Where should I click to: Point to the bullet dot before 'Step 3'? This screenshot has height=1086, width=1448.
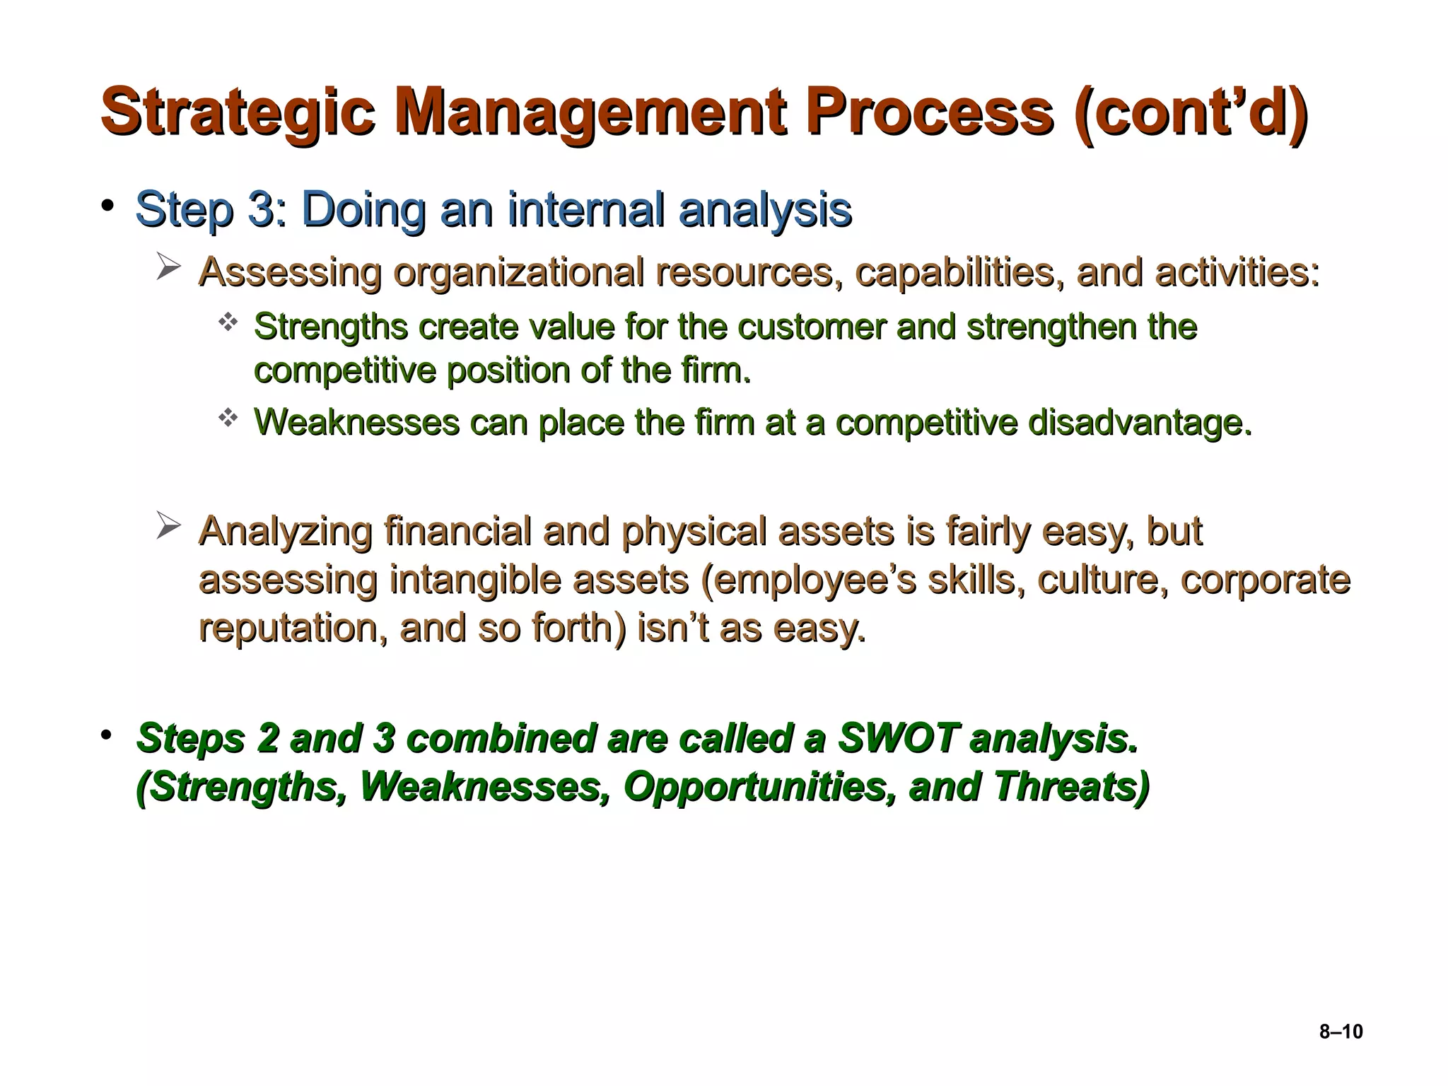tap(107, 206)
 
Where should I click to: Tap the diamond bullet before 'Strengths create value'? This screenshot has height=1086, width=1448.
tap(228, 324)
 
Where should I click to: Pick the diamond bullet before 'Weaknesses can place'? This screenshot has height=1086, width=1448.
tap(228, 419)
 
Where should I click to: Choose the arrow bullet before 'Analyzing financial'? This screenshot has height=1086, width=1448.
tap(168, 527)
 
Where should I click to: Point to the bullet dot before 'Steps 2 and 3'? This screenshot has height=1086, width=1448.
tap(107, 735)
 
